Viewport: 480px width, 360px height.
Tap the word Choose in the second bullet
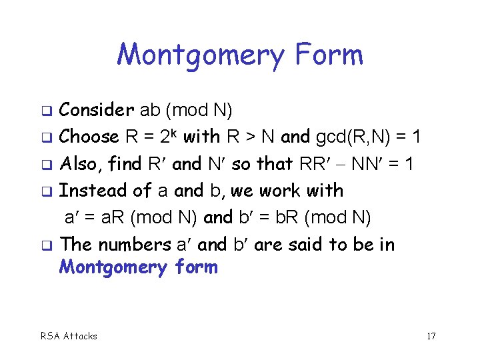[x=89, y=137]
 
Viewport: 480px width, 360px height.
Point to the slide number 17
[x=431, y=336]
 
